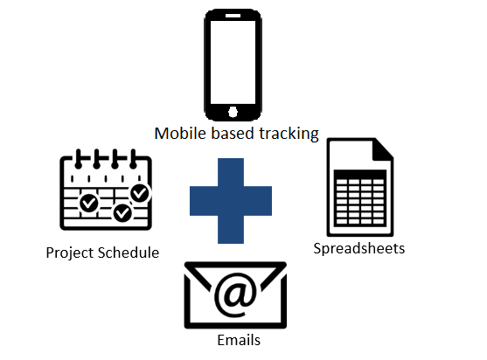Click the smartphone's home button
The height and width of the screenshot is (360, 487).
(233, 112)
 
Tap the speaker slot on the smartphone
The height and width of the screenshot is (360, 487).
(233, 16)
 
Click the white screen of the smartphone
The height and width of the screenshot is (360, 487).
(233, 62)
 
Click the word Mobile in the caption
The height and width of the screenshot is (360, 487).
(180, 134)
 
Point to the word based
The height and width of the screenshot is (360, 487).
(233, 134)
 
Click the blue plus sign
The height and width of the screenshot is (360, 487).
(231, 201)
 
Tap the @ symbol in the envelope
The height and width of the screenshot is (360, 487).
(236, 295)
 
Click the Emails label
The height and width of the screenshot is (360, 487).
(239, 340)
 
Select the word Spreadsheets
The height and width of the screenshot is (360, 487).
(359, 249)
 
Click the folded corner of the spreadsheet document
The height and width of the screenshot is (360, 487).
(383, 150)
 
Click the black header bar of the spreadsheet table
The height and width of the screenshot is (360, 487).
(360, 174)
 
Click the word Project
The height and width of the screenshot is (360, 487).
(70, 253)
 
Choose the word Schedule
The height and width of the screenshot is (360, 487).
(129, 253)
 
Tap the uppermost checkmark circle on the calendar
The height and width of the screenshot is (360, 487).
(141, 193)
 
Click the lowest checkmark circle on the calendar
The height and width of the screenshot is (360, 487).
(122, 213)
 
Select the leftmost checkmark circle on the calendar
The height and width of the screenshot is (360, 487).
(89, 203)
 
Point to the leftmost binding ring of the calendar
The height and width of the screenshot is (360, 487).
(79, 159)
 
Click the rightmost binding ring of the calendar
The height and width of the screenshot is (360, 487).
(133, 159)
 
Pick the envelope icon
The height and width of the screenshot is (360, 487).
(235, 295)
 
